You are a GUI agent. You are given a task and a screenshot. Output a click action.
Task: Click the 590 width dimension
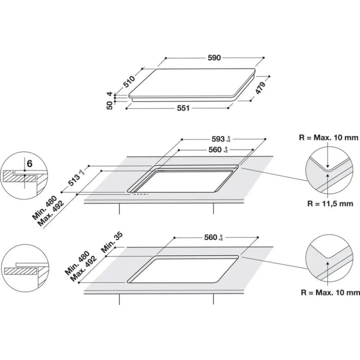pyautogui.click(x=214, y=58)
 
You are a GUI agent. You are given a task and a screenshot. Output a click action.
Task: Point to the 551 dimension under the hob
pyautogui.click(x=184, y=108)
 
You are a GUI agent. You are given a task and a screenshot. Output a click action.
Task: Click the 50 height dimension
pyautogui.click(x=109, y=104)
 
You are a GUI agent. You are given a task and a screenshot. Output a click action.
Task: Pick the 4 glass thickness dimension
pyautogui.click(x=109, y=94)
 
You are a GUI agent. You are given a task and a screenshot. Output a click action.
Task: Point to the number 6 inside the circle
pyautogui.click(x=29, y=164)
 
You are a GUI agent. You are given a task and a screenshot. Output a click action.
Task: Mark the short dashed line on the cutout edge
pyautogui.click(x=140, y=194)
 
